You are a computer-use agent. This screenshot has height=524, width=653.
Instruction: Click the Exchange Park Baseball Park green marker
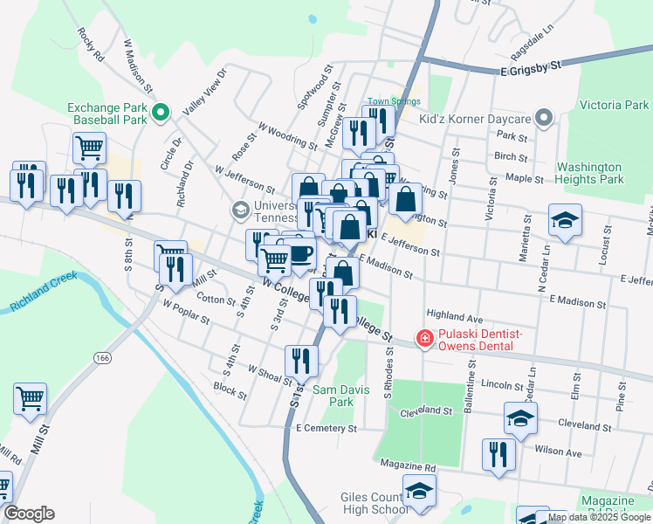(x=161, y=112)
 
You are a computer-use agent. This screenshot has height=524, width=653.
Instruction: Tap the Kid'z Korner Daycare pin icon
(x=544, y=118)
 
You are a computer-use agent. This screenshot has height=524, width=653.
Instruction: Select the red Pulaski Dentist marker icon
(x=425, y=338)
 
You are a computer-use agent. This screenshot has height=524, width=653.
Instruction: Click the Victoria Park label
(x=614, y=105)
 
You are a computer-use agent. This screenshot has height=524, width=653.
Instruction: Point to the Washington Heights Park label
(x=590, y=173)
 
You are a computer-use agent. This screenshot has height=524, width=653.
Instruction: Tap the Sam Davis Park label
(x=333, y=396)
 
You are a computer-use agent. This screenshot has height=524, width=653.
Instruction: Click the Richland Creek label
(x=42, y=296)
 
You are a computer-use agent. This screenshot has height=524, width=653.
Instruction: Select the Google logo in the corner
(x=28, y=514)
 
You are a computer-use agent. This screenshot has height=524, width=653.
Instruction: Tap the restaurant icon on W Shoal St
(x=301, y=360)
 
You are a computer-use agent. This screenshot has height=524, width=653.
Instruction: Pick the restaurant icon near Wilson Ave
(x=498, y=454)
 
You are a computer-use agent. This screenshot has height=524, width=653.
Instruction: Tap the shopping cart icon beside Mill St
(x=31, y=398)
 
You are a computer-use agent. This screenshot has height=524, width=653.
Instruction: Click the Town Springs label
(x=394, y=101)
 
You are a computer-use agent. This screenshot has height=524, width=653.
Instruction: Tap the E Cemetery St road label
(x=326, y=429)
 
